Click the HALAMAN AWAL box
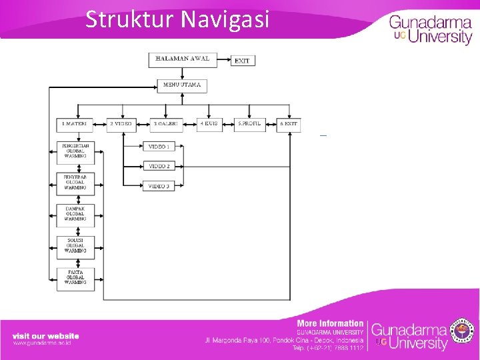182,59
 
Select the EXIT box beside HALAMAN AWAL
243,61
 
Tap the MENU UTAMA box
182,85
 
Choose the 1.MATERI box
75,124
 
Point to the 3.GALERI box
167,124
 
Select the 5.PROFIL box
251,124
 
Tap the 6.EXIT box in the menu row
289,124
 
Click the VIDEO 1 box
159,146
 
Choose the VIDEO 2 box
159,166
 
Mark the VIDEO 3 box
159,186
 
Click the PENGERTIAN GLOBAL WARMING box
75,151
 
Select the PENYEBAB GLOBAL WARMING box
75,183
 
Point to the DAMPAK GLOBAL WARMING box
75,214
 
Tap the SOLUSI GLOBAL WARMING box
75,246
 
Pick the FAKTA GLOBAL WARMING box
75,277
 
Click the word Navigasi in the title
224,19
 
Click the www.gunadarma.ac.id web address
42,343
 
